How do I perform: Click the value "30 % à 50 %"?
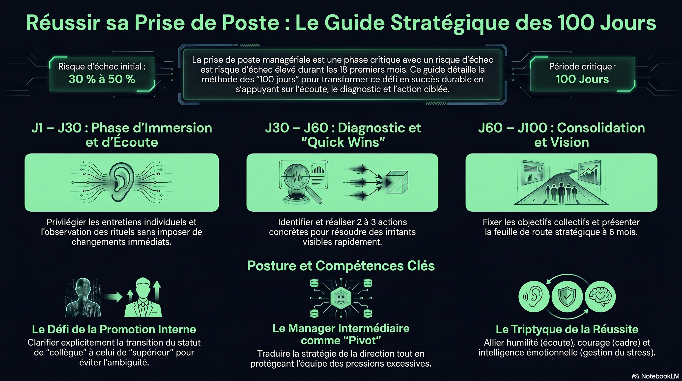(x=102, y=79)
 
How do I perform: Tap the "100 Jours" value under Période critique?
(x=582, y=79)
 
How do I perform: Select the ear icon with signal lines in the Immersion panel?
(x=121, y=182)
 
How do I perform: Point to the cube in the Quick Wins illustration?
(x=397, y=182)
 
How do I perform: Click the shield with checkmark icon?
(x=567, y=297)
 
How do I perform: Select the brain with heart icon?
(x=600, y=297)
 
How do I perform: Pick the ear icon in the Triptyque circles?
(x=534, y=297)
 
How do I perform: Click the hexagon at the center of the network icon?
(x=341, y=298)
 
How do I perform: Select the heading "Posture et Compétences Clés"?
(x=341, y=266)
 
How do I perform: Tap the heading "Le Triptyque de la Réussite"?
(x=567, y=329)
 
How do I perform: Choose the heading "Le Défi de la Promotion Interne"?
(x=114, y=329)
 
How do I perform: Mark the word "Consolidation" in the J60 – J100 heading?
(x=601, y=128)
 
